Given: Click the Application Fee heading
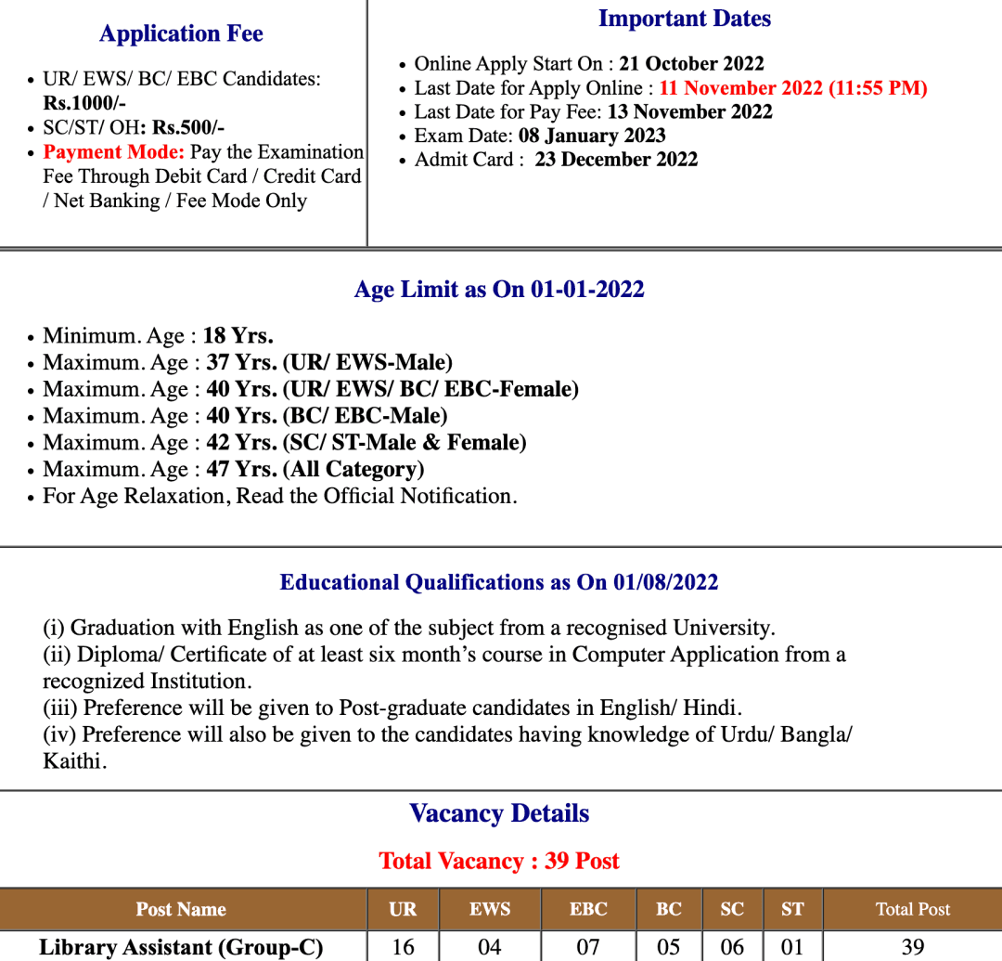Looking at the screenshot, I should [x=181, y=34].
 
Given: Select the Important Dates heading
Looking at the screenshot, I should [x=685, y=19].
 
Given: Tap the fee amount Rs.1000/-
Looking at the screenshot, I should [x=84, y=103].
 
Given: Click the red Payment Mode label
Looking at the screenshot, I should [x=114, y=152].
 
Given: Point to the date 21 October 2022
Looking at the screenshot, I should [x=691, y=64].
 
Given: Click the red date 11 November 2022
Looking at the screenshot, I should [x=741, y=88].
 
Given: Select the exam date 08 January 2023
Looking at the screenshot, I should [x=592, y=136].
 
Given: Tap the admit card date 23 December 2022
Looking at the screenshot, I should [x=616, y=160].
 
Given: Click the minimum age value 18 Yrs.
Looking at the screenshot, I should [x=238, y=336].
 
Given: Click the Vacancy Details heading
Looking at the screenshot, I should [x=499, y=814].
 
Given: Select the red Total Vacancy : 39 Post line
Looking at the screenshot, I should [x=499, y=862].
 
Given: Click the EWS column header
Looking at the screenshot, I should [x=490, y=910].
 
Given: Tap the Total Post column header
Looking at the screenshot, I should [x=913, y=910].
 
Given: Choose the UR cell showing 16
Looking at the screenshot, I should [x=404, y=947].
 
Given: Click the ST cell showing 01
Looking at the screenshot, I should [x=792, y=947].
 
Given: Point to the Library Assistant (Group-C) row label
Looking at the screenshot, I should [x=181, y=947].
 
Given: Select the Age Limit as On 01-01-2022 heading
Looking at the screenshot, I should [x=499, y=290].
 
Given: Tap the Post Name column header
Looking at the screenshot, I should [x=181, y=910].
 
